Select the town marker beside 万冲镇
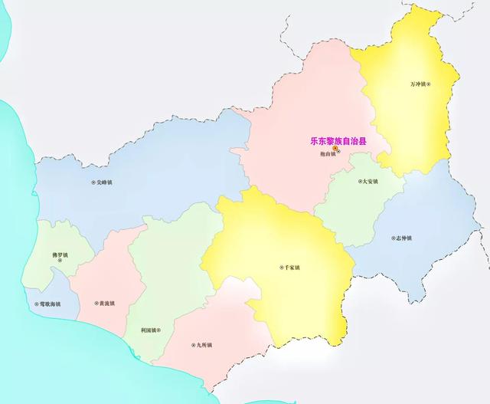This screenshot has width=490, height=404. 430,84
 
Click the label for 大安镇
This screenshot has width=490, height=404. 371,182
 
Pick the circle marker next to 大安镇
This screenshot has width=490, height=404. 358,182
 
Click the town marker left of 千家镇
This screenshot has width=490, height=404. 279,268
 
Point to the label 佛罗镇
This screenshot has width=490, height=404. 60,255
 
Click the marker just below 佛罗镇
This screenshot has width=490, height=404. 60,263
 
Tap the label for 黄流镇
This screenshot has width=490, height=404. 106,304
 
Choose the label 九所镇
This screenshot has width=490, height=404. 204,345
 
